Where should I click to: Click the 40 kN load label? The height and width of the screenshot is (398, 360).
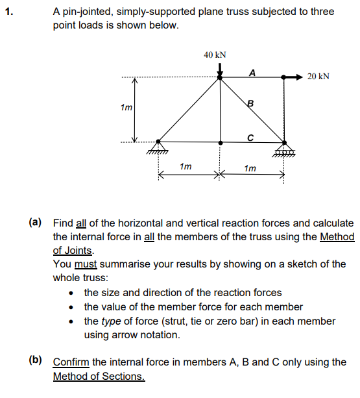[x=215, y=55]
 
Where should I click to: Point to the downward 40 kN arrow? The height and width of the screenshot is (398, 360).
[x=221, y=68]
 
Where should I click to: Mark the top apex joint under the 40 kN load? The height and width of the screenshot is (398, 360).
[x=221, y=77]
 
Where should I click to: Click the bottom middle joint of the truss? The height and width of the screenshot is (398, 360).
[x=221, y=142]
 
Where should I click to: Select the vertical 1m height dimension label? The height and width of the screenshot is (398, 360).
[x=126, y=108]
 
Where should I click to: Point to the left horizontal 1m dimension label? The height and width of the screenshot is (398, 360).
[x=186, y=167]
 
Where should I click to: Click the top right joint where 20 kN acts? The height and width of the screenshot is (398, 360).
[x=284, y=77]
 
